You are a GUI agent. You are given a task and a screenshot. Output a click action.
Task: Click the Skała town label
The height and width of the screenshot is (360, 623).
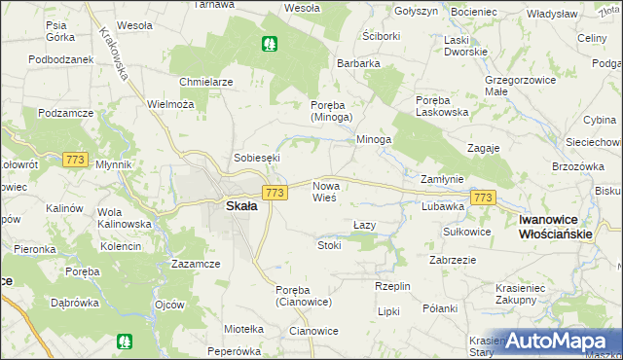point(241,206)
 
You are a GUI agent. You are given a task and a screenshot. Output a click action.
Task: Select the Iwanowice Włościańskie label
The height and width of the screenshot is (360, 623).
point(556,228)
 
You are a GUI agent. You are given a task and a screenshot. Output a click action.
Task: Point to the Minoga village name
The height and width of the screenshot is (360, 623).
point(373,139)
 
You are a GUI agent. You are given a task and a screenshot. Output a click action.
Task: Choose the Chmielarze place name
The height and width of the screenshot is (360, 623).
point(205,82)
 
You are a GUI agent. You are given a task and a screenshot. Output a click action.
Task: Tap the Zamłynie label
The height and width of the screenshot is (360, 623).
point(441,180)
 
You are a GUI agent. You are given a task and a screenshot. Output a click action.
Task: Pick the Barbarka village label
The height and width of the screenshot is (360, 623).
point(358,63)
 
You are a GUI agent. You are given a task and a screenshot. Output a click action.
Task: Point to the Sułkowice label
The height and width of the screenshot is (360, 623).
point(466,232)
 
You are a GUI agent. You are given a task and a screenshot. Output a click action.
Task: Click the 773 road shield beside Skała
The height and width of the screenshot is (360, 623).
point(275,194)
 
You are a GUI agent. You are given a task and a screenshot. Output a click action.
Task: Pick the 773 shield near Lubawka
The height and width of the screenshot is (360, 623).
point(483,198)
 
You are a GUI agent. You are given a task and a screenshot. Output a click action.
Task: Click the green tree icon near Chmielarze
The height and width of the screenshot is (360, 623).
point(268,43)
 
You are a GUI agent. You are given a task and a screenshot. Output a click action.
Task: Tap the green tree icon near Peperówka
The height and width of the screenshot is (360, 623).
point(124,342)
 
